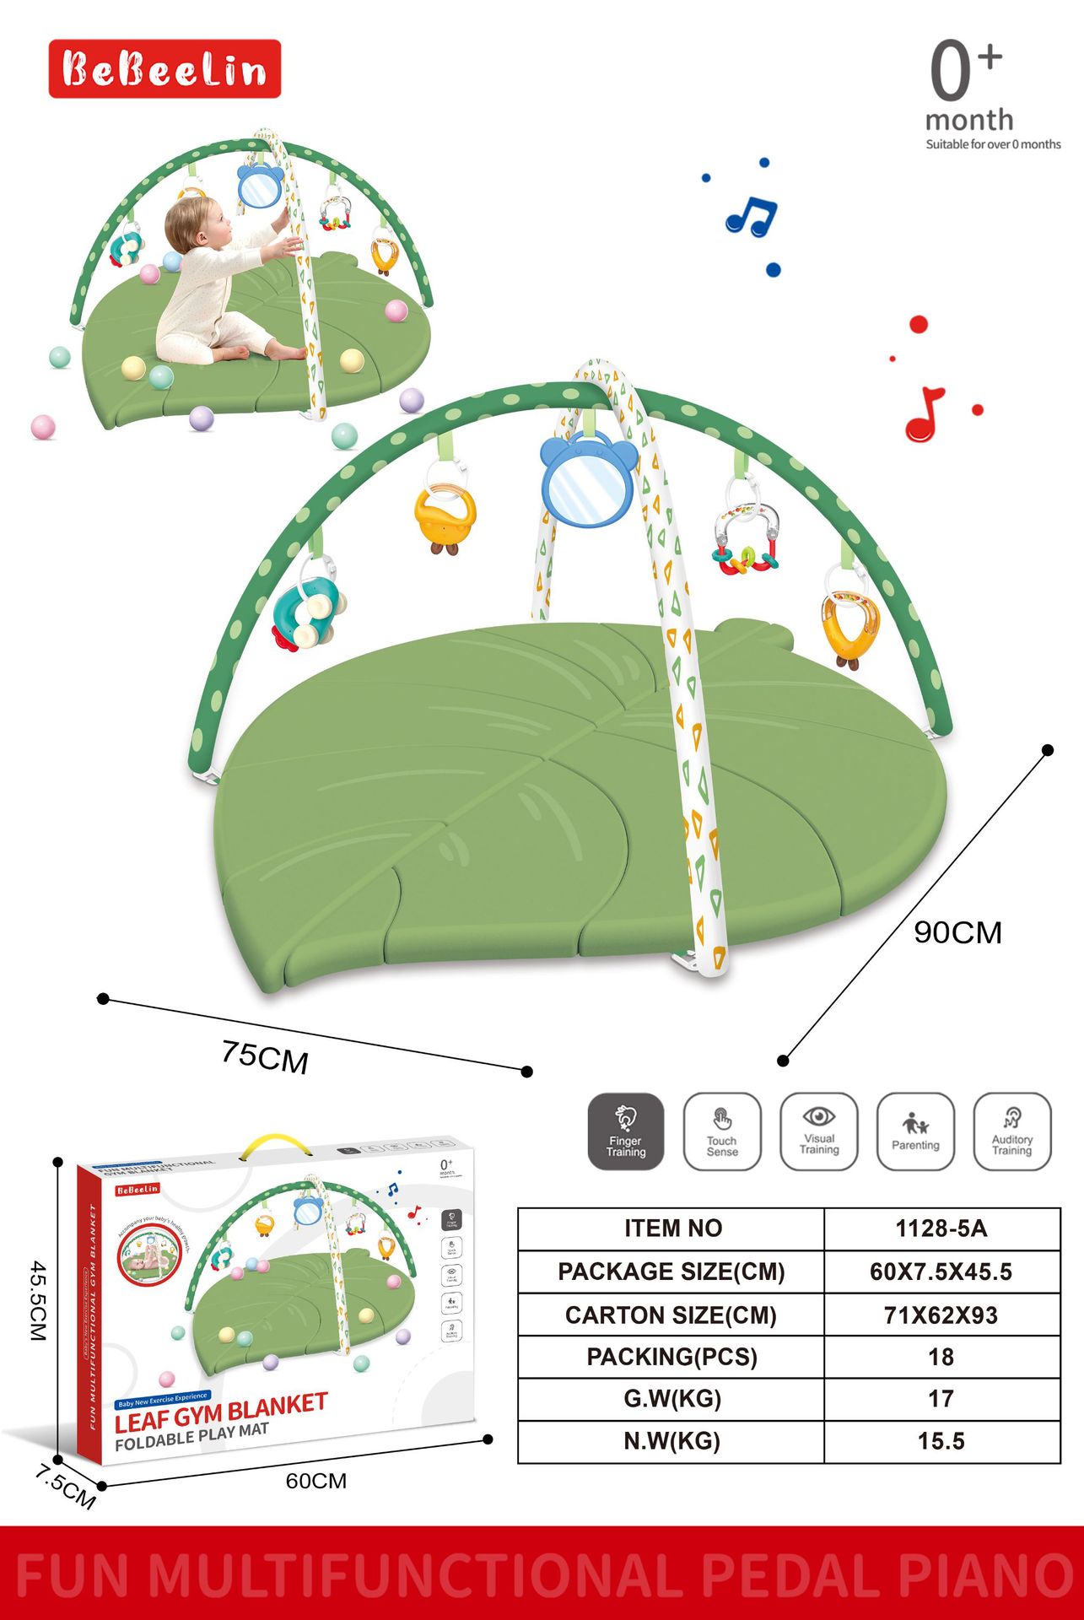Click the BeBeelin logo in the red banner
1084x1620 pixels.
(164, 69)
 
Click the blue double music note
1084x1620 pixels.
(751, 217)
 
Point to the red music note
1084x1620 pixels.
(925, 414)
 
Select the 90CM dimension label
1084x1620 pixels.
(957, 932)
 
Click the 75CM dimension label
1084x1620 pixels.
(265, 1057)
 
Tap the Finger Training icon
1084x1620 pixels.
(625, 1131)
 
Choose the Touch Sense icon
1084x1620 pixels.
(722, 1131)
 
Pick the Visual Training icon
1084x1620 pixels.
(819, 1131)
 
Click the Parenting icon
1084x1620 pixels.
(915, 1131)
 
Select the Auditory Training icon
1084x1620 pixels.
(1012, 1131)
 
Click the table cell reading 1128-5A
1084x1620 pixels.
(941, 1228)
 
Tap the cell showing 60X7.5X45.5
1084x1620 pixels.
(941, 1272)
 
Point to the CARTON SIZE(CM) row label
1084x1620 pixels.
(671, 1315)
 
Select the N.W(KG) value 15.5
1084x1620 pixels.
(941, 1441)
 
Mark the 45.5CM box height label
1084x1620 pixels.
(38, 1300)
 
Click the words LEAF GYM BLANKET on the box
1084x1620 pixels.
(221, 1412)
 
